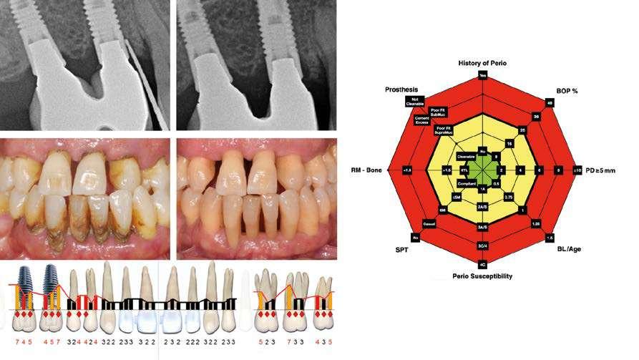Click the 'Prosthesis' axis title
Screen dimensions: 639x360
click(401, 90)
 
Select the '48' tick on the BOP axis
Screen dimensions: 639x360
click(550, 102)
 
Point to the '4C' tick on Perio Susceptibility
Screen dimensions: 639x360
click(483, 265)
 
